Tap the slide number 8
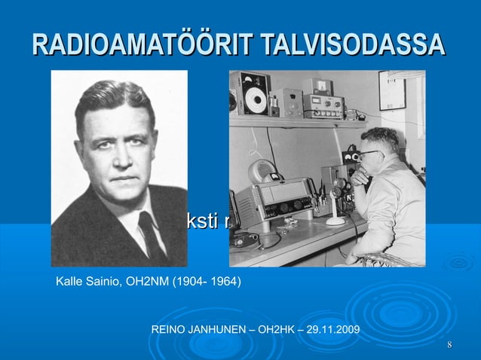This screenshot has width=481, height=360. point(449,346)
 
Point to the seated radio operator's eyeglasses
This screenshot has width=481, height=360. point(369,154)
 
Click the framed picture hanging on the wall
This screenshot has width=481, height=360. point(393,90)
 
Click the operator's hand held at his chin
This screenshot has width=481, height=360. point(360,175)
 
